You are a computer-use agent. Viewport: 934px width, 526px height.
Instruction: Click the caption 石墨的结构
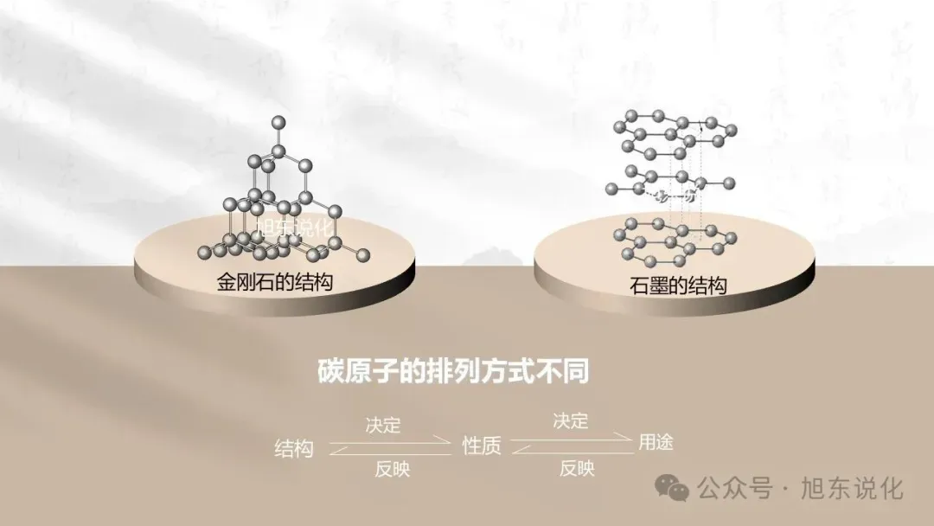coord(678,285)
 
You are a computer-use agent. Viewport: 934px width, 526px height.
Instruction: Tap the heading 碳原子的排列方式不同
coord(453,373)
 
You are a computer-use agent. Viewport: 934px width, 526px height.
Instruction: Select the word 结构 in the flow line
coord(294,448)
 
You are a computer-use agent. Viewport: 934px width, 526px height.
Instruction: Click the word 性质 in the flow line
coord(482,446)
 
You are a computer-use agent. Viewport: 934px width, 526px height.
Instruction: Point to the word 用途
coord(656,442)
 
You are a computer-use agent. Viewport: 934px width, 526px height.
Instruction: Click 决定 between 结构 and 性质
coord(383,425)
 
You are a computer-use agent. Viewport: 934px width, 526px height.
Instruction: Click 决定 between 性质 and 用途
coord(571,421)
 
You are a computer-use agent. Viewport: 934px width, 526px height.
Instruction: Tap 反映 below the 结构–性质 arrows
coord(392,470)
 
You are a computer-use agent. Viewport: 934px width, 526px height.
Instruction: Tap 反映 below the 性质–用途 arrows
coord(577,468)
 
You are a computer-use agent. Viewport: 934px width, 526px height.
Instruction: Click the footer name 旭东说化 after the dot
coord(853,489)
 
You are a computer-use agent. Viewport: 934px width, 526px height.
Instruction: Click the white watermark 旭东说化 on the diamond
coord(295,227)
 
